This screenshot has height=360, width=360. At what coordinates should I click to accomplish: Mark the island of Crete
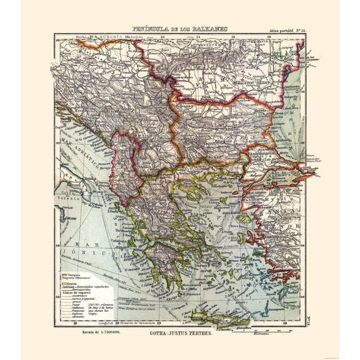pos(219,319)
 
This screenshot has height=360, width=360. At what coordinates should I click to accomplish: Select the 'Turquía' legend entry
pos(69,274)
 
